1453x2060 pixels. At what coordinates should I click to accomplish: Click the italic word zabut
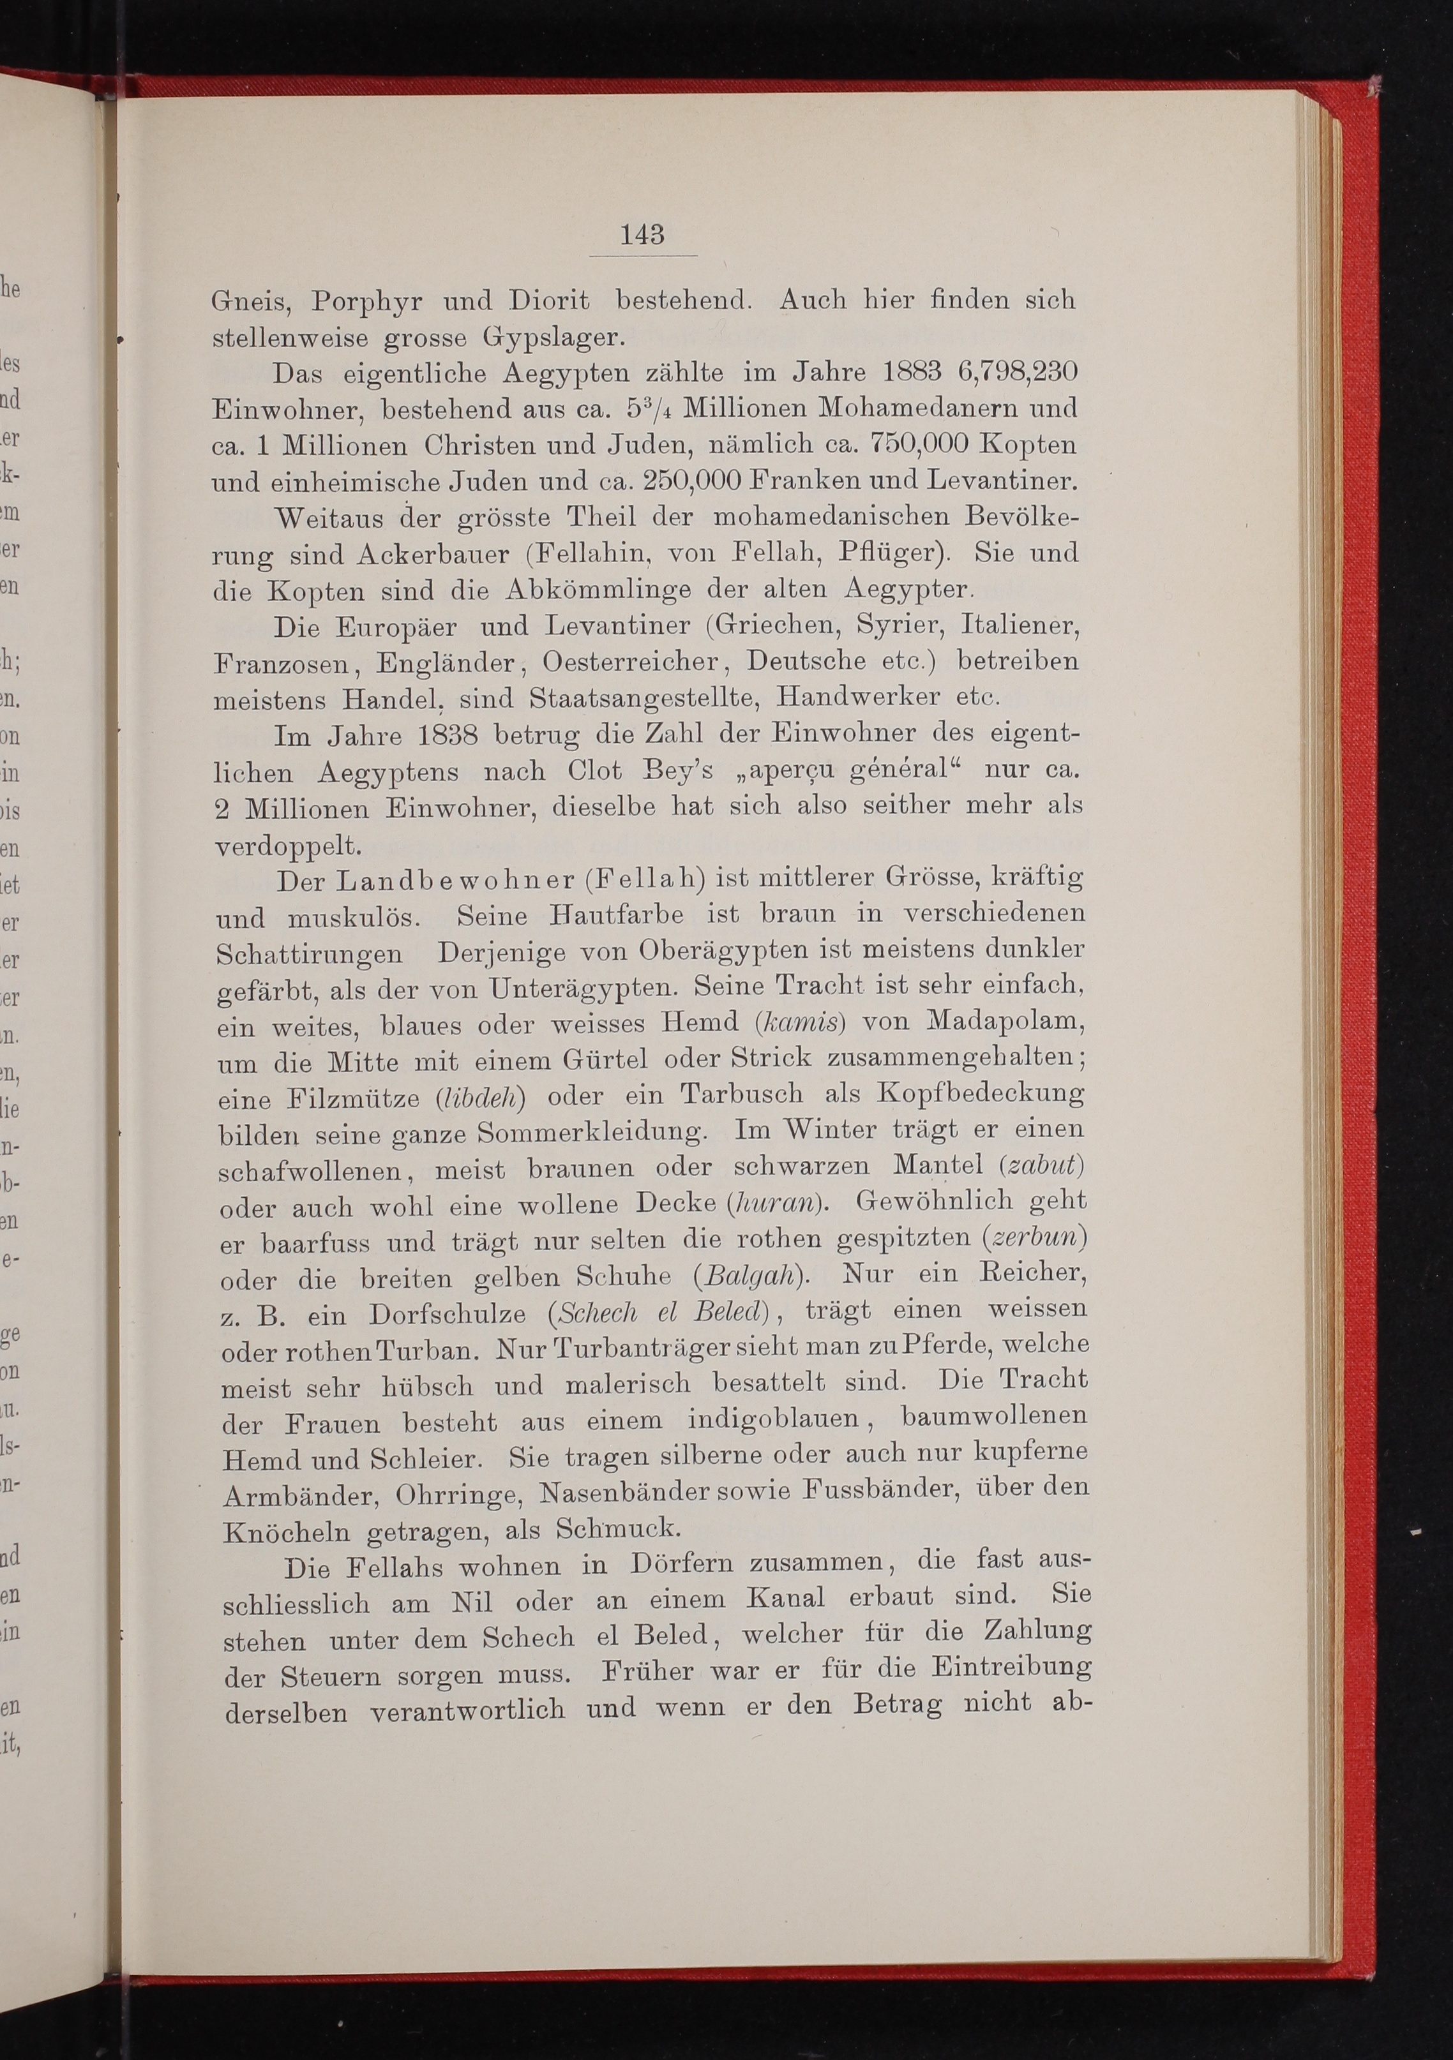pos(1041,1167)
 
